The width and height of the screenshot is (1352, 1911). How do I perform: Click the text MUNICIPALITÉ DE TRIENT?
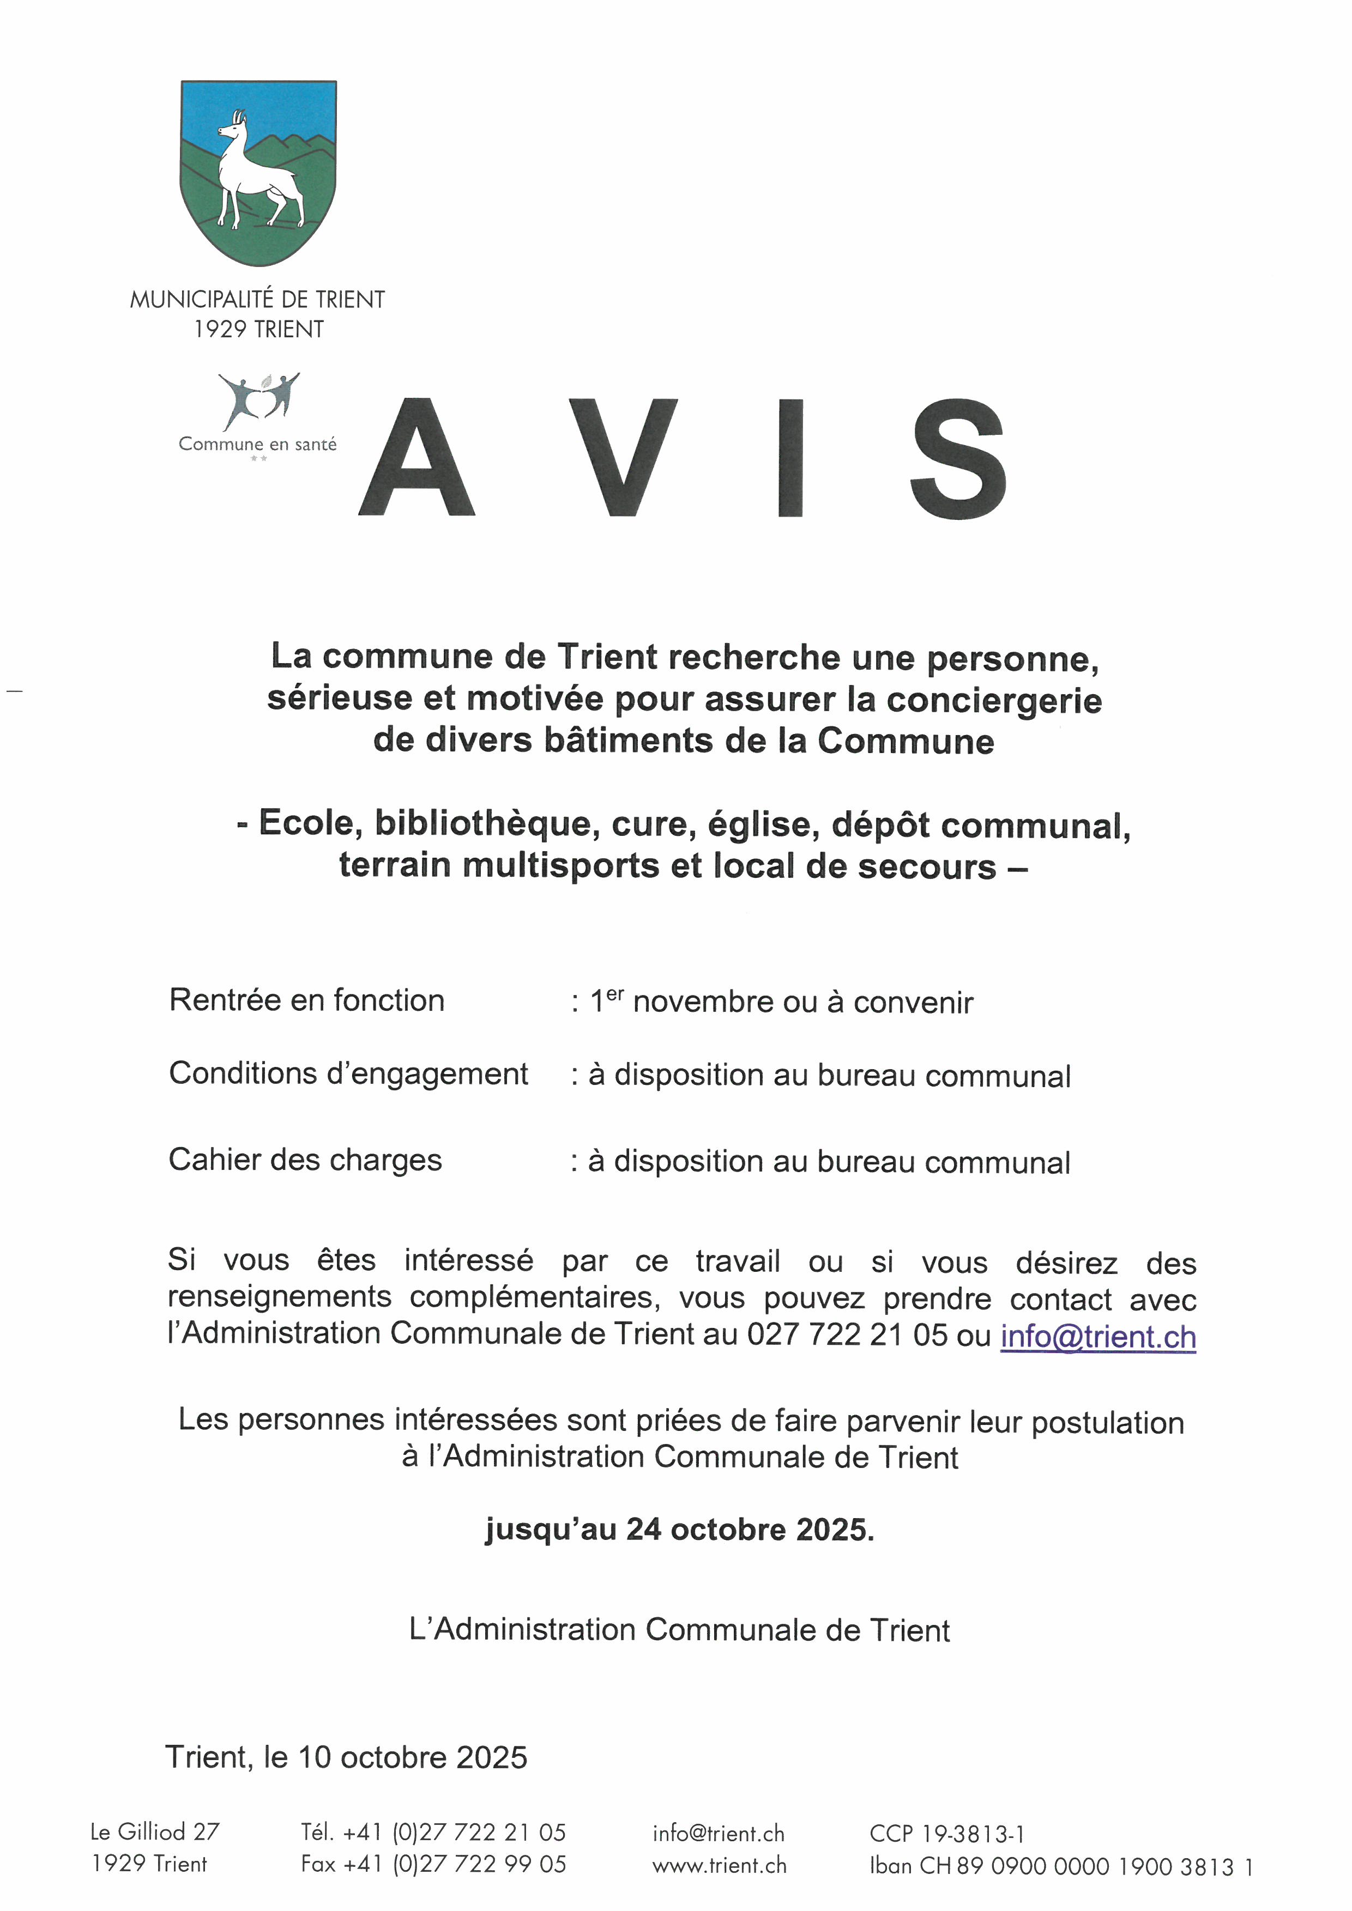tap(257, 300)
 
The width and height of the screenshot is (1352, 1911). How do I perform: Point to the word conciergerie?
tap(993, 700)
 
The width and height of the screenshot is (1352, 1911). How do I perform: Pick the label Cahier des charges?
tap(305, 1160)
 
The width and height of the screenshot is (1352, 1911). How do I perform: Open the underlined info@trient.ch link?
tap(1097, 1337)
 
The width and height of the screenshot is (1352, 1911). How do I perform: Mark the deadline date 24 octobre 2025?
tap(749, 1530)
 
